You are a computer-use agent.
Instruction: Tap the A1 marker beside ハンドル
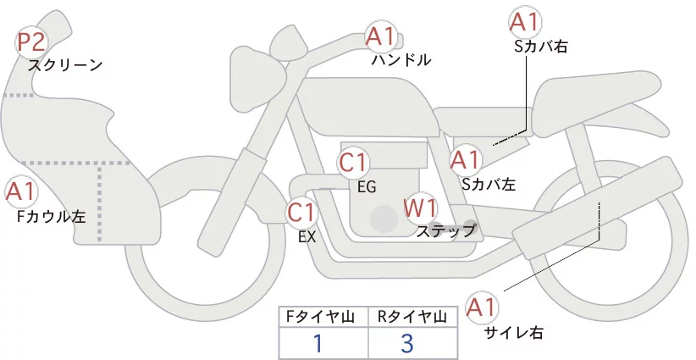pyautogui.click(x=380, y=36)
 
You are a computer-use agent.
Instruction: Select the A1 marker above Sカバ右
pyautogui.click(x=525, y=23)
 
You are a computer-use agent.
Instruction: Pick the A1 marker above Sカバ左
pyautogui.click(x=465, y=159)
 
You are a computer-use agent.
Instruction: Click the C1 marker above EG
pyautogui.click(x=353, y=163)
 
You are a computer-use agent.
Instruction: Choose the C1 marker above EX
pyautogui.click(x=301, y=212)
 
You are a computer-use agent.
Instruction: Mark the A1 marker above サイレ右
pyautogui.click(x=484, y=307)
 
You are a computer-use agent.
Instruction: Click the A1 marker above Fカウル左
pyautogui.click(x=21, y=192)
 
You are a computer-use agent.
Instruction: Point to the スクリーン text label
pyautogui.click(x=65, y=64)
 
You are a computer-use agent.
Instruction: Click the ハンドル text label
pyautogui.click(x=401, y=60)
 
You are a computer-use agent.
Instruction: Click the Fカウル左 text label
pyautogui.click(x=52, y=217)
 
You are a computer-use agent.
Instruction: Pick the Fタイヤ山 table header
pyautogui.click(x=323, y=317)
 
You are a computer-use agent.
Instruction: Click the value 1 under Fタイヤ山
pyautogui.click(x=318, y=343)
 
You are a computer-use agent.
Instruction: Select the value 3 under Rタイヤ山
pyautogui.click(x=407, y=343)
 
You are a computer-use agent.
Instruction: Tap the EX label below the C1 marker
pyautogui.click(x=307, y=237)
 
